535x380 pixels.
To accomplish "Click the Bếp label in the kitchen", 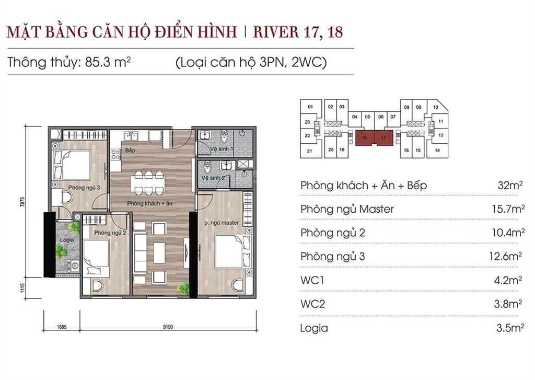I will click(x=130, y=151).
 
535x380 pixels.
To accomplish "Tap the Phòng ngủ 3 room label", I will click(x=80, y=187).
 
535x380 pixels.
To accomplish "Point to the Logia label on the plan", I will click(x=66, y=240).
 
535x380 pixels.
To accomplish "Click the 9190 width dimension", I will click(x=167, y=328).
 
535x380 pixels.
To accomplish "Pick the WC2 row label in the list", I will click(x=312, y=304).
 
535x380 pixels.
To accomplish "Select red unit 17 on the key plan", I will click(x=383, y=138).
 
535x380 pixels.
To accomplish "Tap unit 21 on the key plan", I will click(x=310, y=152).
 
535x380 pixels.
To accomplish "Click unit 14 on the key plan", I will click(x=437, y=151).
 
